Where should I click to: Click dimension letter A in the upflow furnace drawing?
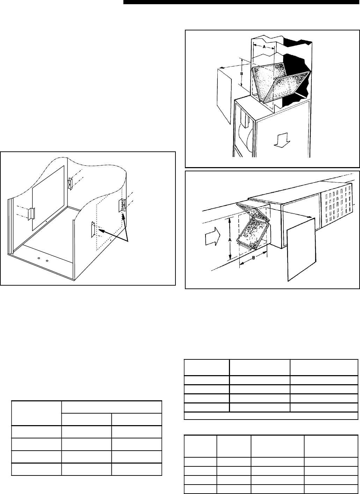pos(264,46)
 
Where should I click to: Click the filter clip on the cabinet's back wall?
pos(70,183)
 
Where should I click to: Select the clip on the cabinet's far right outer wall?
pos(123,205)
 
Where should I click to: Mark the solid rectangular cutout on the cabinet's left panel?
pos(48,198)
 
